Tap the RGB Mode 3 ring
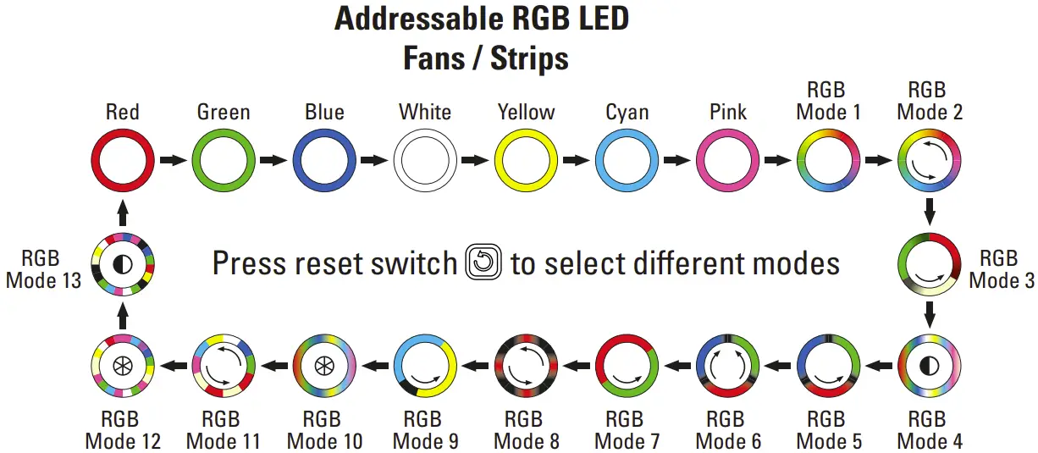coord(929,263)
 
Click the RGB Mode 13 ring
coord(123,263)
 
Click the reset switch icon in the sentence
coord(484,263)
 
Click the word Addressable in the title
coord(417,19)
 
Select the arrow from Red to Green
coord(173,160)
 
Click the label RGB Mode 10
coord(324,430)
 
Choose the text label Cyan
coord(627,112)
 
